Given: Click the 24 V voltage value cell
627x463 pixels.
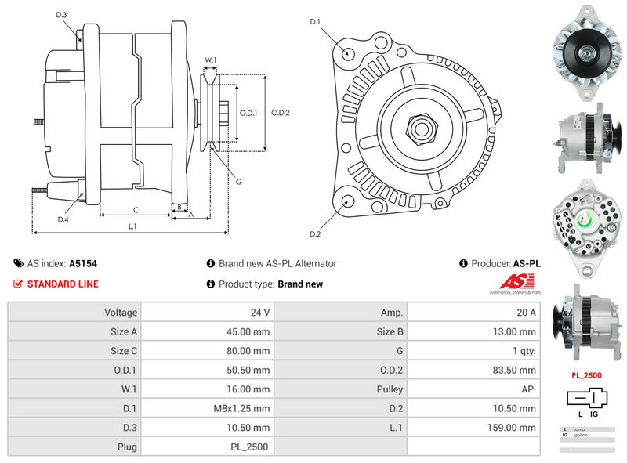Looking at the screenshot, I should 260,312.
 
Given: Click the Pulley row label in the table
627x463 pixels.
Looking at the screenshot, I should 390,389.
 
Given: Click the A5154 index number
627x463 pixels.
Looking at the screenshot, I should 82,264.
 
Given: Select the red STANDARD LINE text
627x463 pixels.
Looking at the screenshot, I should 63,284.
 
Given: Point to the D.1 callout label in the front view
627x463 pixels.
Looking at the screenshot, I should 315,21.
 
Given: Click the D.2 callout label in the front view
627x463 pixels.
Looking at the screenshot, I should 315,233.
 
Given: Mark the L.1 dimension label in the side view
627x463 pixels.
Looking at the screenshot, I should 133,226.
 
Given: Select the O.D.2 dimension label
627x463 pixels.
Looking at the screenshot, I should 281,113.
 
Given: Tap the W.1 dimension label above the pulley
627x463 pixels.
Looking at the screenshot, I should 210,60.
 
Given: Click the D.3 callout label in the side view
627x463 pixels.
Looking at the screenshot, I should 62,15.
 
